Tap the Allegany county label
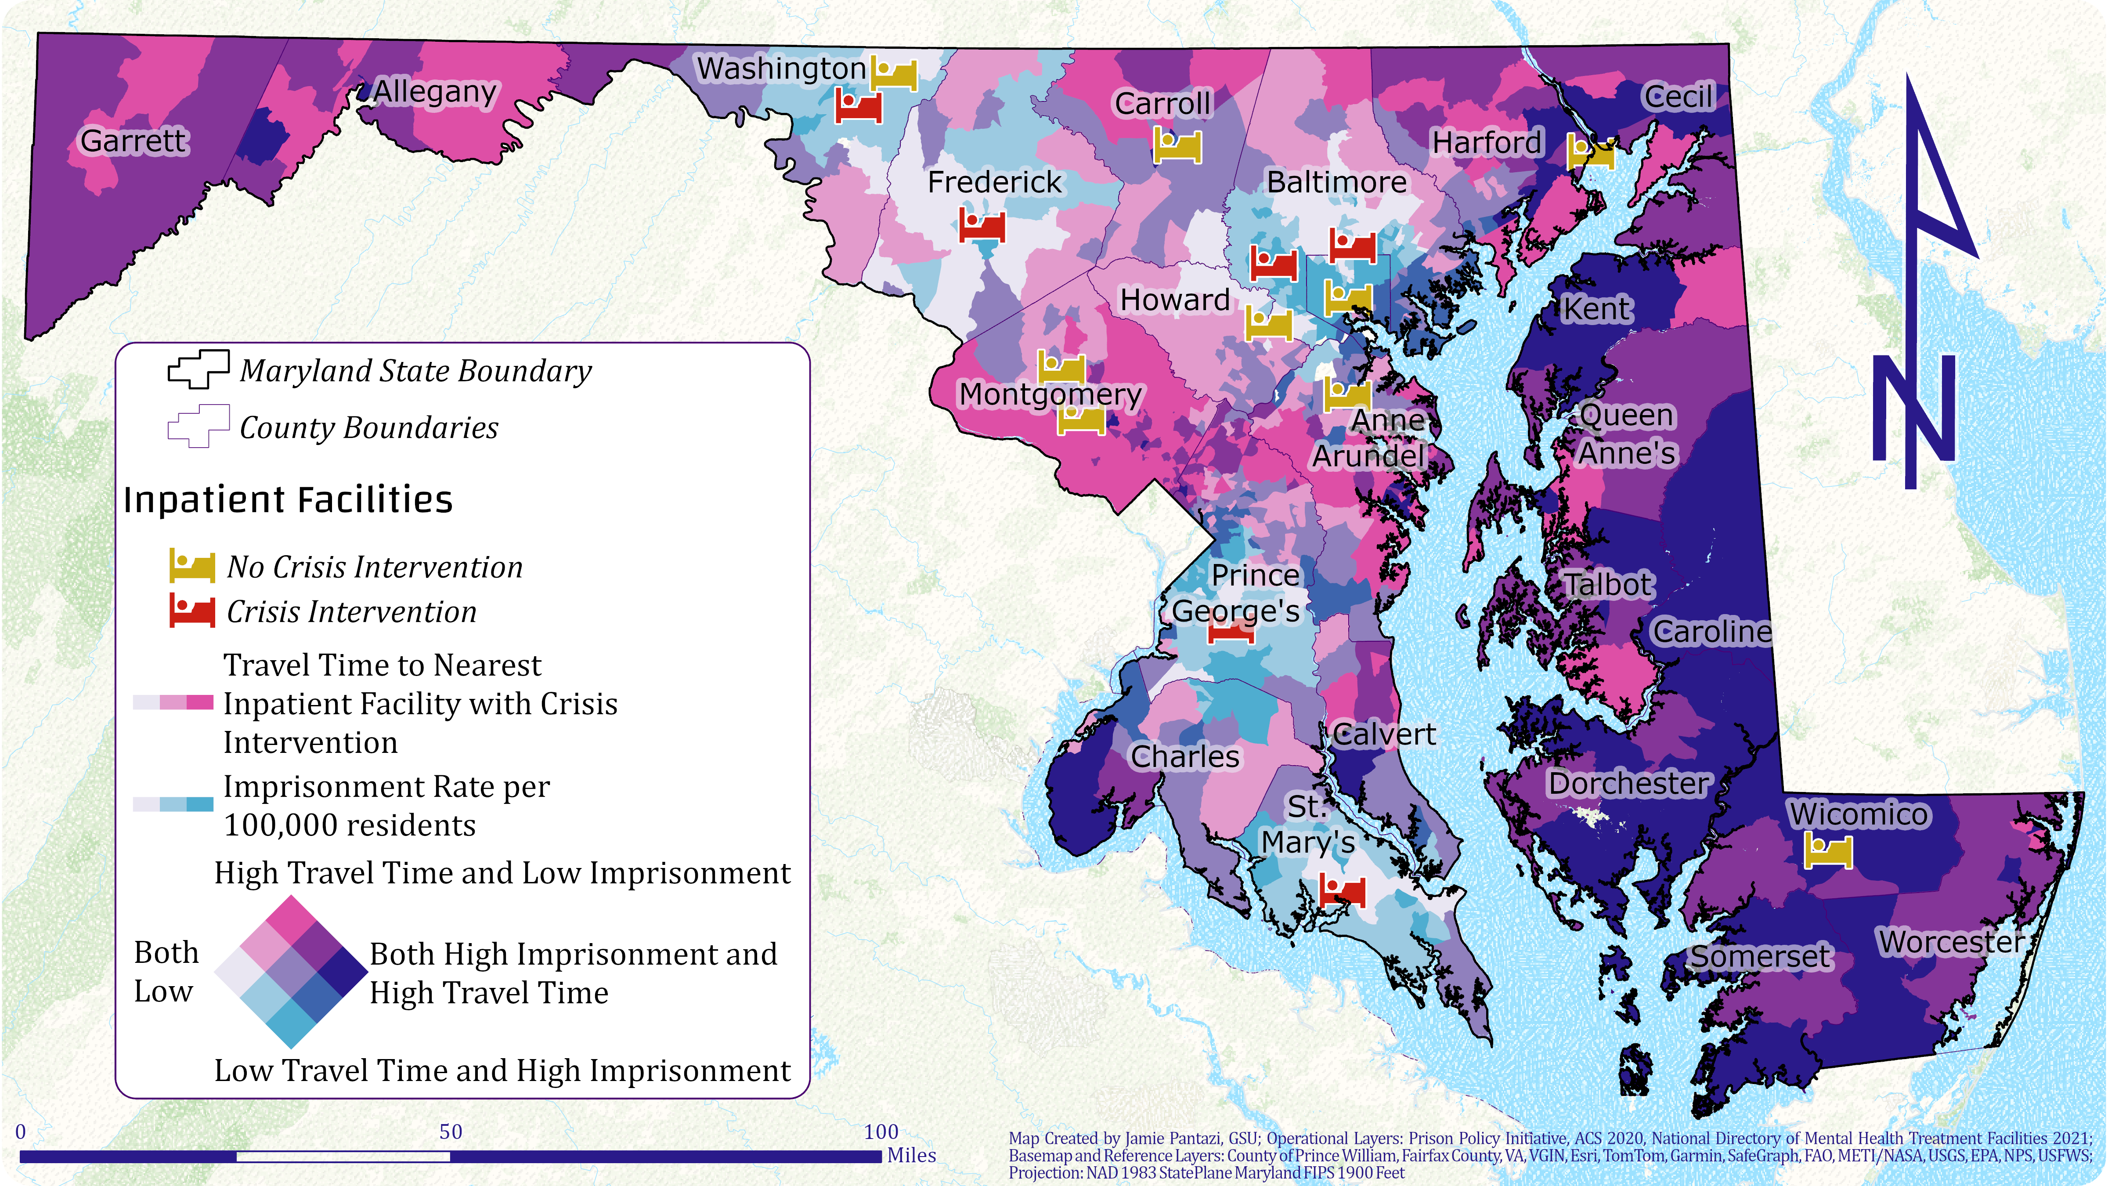435,92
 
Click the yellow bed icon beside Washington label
894,74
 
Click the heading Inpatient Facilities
288,499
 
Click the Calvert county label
1384,734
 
